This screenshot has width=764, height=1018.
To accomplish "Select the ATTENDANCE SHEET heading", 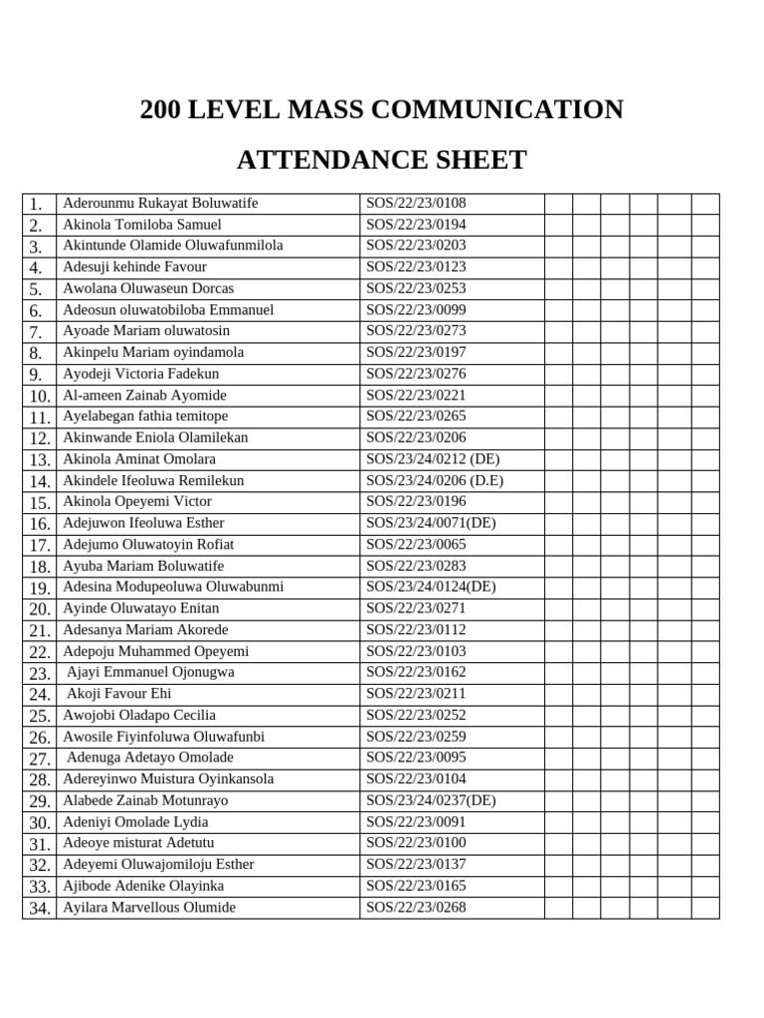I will pos(382,160).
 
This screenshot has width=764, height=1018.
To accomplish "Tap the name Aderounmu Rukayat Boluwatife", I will pos(160,203).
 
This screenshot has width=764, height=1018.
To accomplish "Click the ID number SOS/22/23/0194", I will pos(416,225).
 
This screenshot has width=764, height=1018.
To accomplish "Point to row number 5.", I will pos(36,289).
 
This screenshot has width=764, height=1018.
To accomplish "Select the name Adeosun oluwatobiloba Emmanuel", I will pos(168,310).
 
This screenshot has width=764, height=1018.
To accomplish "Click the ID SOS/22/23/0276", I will pos(416,374).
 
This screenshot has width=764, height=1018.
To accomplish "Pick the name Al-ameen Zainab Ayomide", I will pos(144,396).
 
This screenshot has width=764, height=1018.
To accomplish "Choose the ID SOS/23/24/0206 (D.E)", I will pos(435,480).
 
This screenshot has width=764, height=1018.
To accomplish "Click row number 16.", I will pos(39,524).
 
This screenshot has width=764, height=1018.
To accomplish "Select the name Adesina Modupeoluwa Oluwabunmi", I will pos(173,587).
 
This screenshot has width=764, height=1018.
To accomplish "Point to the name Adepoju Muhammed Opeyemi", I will pos(156,651).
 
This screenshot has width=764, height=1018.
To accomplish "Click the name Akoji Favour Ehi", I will pos(118,694).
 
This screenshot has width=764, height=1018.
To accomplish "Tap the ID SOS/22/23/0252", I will pos(416,715).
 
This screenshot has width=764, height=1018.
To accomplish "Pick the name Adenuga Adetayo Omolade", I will pos(149,758).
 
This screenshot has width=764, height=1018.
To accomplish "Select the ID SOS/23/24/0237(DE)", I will pos(431,800).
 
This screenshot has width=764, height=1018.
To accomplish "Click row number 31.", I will pos(39,844).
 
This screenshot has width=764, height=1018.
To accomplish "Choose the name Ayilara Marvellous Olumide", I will pos(149,907).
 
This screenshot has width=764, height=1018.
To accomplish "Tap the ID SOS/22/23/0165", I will pos(416,886).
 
